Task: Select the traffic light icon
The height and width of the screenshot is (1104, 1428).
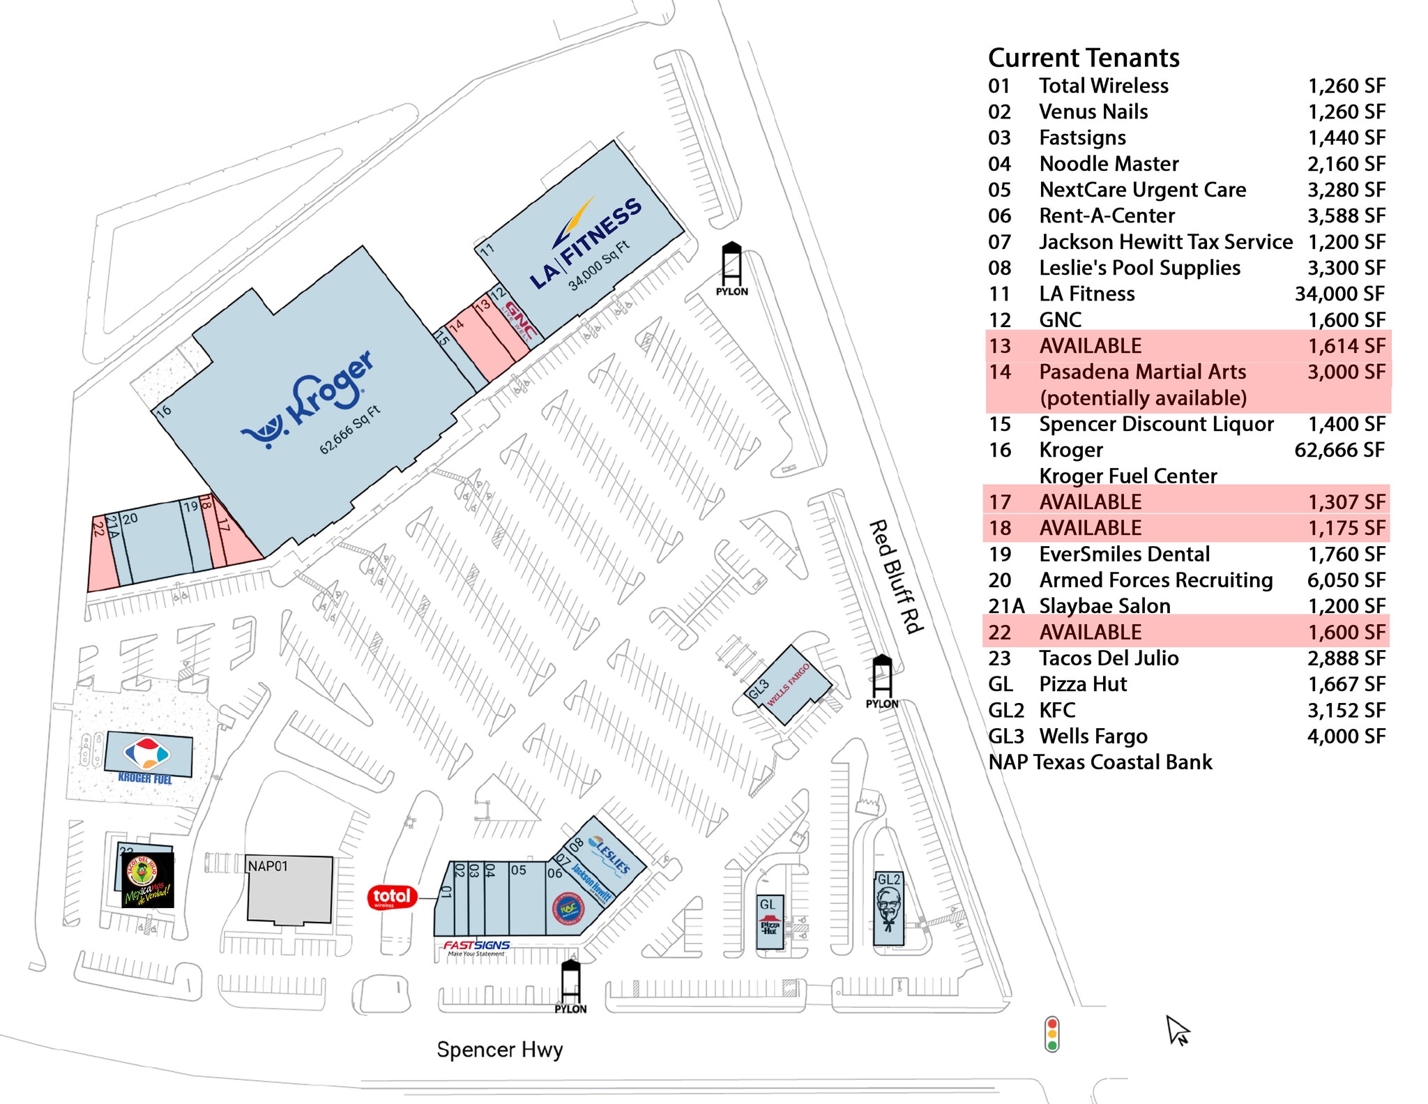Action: coord(1051,1034)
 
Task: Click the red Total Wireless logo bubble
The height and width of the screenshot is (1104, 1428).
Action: coord(392,897)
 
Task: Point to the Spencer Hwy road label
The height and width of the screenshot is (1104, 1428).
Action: coord(499,1049)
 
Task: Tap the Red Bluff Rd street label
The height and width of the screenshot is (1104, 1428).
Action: coord(897,576)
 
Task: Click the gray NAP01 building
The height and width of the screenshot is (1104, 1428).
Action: coord(289,889)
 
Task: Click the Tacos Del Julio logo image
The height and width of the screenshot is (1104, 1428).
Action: coord(147,879)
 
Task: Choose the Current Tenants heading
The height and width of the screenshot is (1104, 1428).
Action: coord(1084,57)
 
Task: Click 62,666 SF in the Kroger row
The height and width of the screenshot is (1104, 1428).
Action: coord(1339,450)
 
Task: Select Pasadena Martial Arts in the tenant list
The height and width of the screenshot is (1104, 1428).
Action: coord(1142,372)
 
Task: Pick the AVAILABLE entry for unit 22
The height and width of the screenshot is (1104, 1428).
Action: coord(1090,632)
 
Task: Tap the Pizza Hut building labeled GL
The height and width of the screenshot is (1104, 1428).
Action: coord(769,921)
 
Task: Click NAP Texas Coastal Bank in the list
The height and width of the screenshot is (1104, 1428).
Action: coord(1100,762)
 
